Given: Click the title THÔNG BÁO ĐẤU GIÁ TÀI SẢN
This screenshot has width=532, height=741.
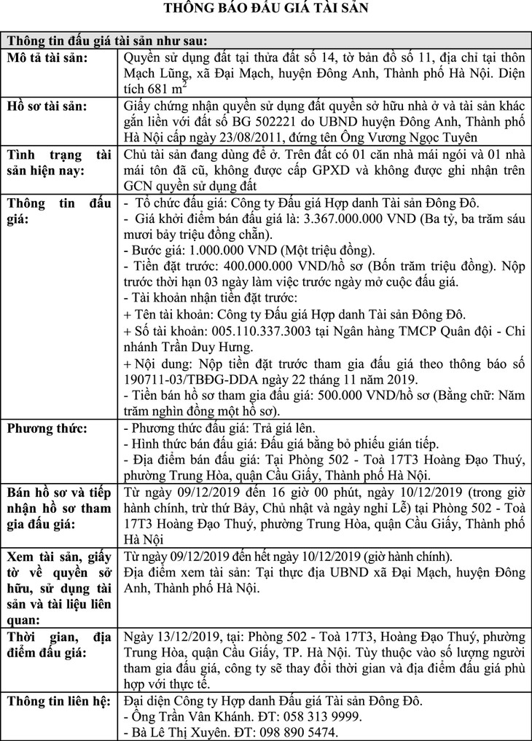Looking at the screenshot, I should click(266, 9).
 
